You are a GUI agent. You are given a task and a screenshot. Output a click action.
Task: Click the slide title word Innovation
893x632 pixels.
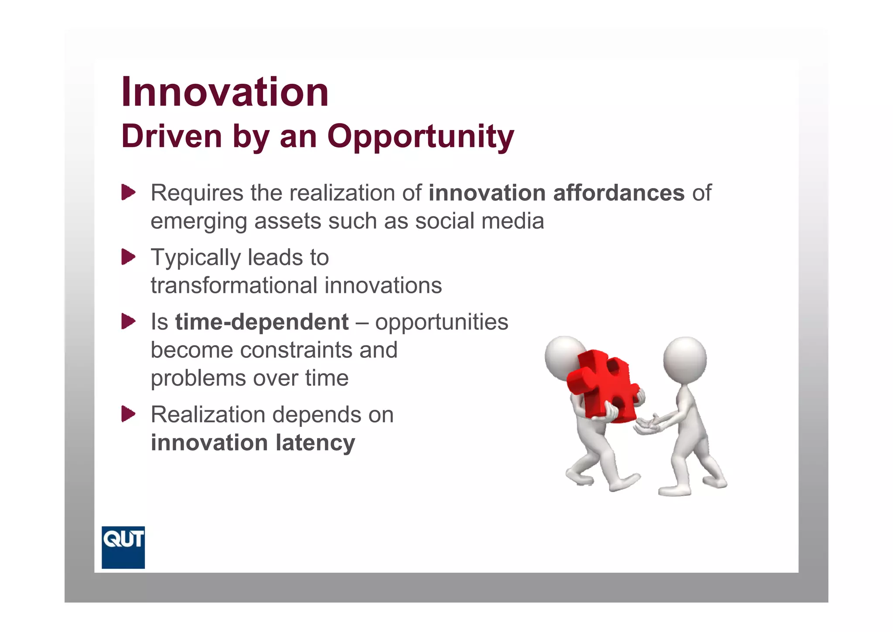(x=225, y=92)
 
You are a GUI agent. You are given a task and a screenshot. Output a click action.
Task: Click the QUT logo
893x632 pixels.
(x=123, y=547)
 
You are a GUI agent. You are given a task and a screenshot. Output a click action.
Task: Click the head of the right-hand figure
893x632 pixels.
(x=685, y=359)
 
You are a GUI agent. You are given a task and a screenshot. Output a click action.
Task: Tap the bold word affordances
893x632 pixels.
(x=619, y=193)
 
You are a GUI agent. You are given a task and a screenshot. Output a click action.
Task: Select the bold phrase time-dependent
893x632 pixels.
(x=262, y=322)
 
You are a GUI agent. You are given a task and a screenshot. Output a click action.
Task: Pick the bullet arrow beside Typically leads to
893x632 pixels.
(x=128, y=257)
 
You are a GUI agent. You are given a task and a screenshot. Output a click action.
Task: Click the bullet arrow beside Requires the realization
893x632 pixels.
(x=128, y=192)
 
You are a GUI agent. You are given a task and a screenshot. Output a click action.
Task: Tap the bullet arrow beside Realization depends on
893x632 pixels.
(x=128, y=414)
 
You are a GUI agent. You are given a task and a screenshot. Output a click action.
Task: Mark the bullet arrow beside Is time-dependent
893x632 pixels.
(x=128, y=322)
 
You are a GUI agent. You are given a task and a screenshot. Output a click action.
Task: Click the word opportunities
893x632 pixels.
(x=441, y=322)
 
